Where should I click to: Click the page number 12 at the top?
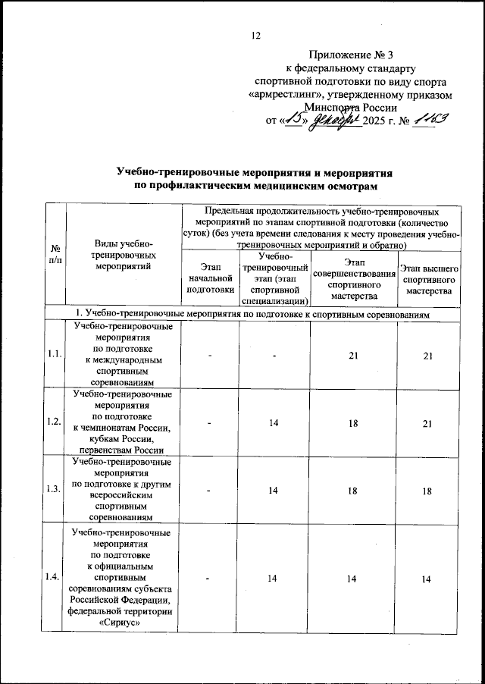point(255,35)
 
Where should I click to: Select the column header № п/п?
point(55,254)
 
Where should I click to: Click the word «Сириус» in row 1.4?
point(121,623)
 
